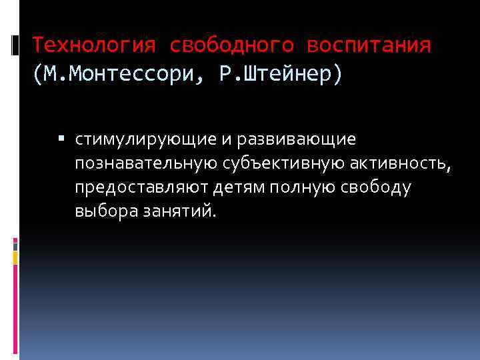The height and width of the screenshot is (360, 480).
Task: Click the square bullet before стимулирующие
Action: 61,139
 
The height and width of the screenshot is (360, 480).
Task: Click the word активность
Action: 396,164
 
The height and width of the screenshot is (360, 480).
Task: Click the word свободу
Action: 377,188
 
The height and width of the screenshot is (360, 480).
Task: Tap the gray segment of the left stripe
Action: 16,246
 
